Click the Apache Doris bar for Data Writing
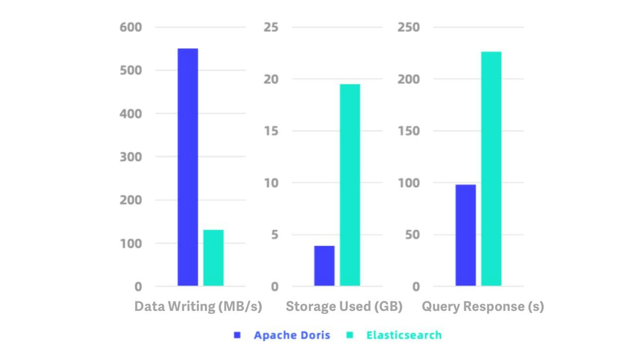(x=188, y=167)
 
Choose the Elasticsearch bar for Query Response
(x=491, y=168)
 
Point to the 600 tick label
(x=131, y=27)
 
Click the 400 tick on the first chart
(x=131, y=114)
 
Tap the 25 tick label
(x=271, y=27)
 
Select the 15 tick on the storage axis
(x=271, y=131)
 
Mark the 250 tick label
(x=408, y=27)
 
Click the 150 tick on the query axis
(x=408, y=131)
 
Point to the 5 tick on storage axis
(x=275, y=235)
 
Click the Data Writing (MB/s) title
(x=198, y=306)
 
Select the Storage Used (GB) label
(x=344, y=306)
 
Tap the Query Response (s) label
(x=483, y=306)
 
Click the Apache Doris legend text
(x=292, y=335)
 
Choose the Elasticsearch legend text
(x=404, y=335)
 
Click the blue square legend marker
(x=237, y=335)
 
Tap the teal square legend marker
(x=350, y=335)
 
